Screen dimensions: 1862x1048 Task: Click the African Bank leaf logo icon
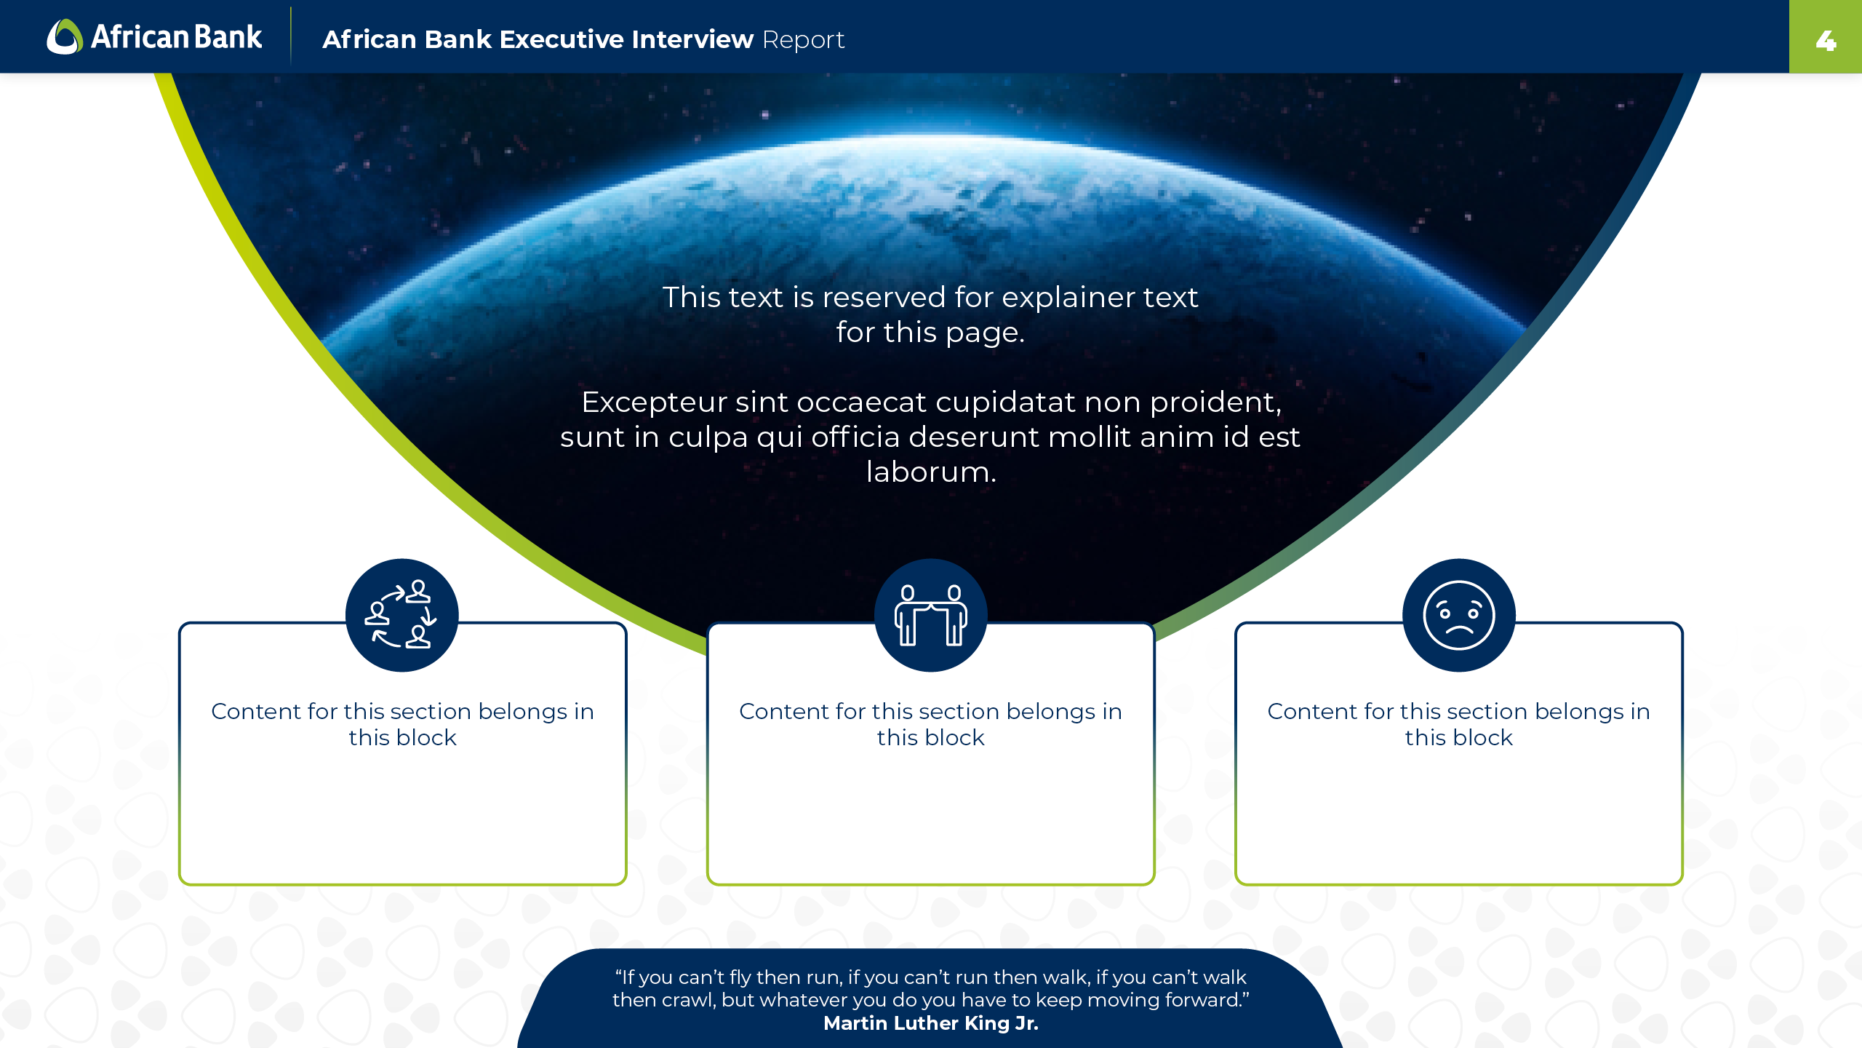pos(65,36)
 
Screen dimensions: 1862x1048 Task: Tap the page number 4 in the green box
pos(1826,41)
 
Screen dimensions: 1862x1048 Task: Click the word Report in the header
pos(803,40)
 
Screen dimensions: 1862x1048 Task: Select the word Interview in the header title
pos(692,39)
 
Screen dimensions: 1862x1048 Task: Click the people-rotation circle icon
pos(401,615)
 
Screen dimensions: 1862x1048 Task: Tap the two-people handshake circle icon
pos(930,615)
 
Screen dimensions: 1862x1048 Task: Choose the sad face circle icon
pos(1459,615)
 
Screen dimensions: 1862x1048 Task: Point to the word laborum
pos(931,472)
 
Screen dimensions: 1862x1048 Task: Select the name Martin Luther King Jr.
pos(931,1023)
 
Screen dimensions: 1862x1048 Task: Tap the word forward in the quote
pos(1207,1000)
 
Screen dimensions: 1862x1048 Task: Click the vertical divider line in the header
pos(291,36)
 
